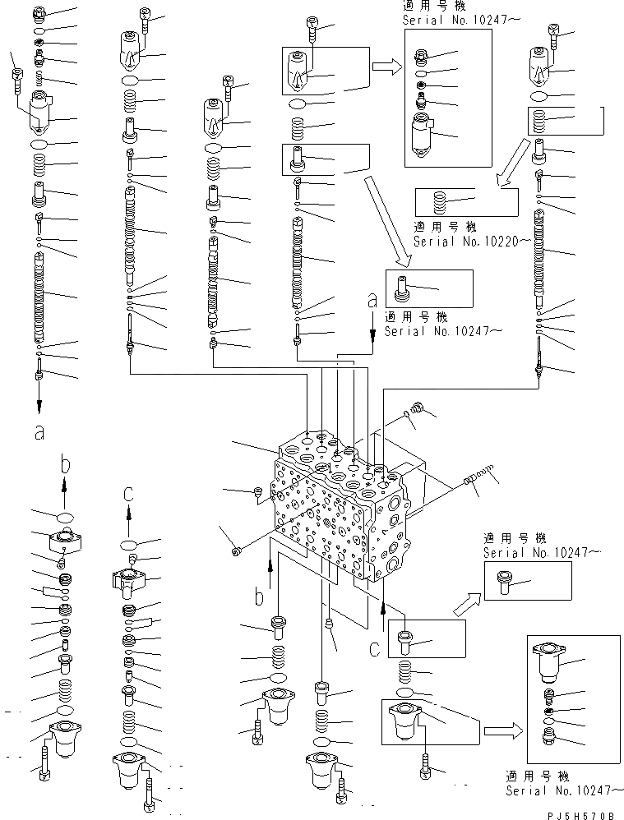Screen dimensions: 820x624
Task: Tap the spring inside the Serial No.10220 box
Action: [439, 200]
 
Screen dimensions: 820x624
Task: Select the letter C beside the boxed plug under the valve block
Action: [374, 649]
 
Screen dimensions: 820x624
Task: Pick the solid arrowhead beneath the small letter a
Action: [372, 331]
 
